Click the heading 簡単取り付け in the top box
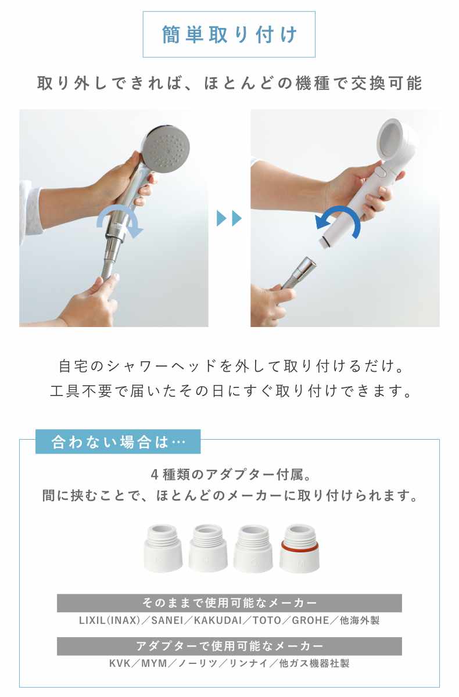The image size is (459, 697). click(x=229, y=34)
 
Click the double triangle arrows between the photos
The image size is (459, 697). click(x=229, y=218)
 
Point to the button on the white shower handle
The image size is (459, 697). click(x=379, y=172)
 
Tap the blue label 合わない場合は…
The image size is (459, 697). click(x=118, y=441)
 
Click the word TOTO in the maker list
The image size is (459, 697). click(x=267, y=620)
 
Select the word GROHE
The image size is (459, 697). click(x=310, y=620)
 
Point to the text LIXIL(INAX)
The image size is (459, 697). click(x=109, y=620)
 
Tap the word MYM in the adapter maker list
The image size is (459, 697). click(x=154, y=663)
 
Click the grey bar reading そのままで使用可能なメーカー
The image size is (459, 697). click(x=229, y=603)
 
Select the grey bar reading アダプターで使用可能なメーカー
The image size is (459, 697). click(x=229, y=646)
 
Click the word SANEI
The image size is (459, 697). click(x=167, y=620)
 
